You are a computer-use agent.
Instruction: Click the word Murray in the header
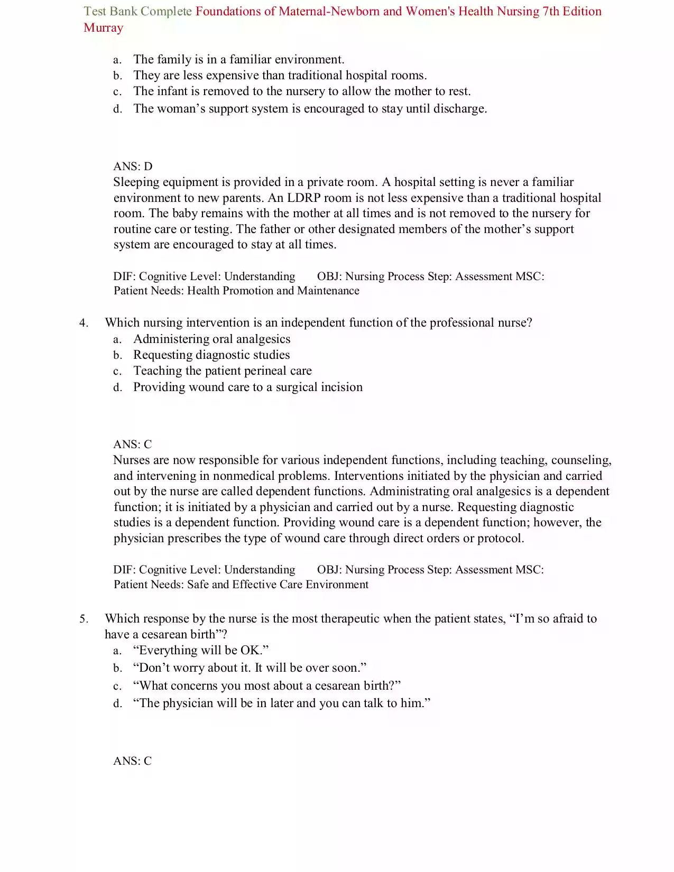(x=103, y=28)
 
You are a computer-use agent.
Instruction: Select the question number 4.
(x=84, y=323)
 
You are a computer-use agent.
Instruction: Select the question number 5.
(x=84, y=619)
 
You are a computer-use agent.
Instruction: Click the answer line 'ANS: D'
(x=133, y=166)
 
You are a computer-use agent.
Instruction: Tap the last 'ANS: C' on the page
(x=132, y=761)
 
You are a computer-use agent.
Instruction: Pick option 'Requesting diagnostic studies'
(x=211, y=355)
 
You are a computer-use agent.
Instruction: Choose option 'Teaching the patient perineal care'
(x=222, y=371)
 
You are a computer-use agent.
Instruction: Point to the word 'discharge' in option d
(x=458, y=109)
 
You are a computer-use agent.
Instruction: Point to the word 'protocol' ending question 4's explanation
(x=500, y=539)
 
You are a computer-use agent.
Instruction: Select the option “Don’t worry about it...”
(x=250, y=668)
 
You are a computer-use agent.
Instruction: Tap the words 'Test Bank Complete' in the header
(x=137, y=12)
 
